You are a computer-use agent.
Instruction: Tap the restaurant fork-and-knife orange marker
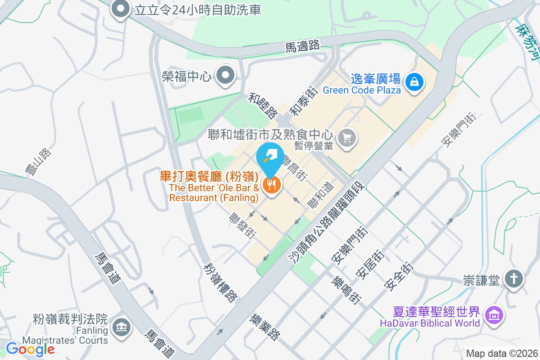point(271,184)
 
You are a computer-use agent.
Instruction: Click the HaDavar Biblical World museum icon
point(494,316)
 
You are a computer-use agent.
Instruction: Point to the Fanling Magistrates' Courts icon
point(121,326)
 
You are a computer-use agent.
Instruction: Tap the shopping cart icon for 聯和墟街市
point(346,137)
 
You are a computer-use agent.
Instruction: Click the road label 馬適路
point(302,45)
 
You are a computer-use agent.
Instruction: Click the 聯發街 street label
point(243,226)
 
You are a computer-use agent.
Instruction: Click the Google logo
point(30,349)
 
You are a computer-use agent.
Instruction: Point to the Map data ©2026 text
point(501,353)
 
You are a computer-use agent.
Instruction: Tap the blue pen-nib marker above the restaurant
point(270,157)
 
